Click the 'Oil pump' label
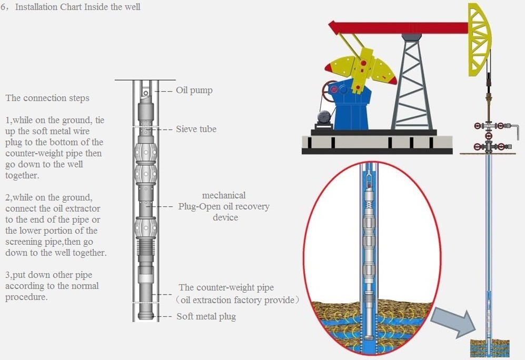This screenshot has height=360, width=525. (x=194, y=91)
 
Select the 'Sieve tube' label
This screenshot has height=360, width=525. (x=196, y=129)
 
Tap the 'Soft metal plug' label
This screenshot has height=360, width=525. (x=206, y=316)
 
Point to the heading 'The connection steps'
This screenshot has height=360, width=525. (x=47, y=98)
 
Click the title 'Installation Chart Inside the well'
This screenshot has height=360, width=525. (x=78, y=7)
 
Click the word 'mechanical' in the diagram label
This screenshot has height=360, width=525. (x=224, y=195)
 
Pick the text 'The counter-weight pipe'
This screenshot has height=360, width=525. (x=226, y=287)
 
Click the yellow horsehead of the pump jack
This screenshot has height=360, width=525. (x=480, y=39)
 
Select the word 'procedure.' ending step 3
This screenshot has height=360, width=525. (x=26, y=297)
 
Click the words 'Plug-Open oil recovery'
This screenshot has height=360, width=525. (x=224, y=206)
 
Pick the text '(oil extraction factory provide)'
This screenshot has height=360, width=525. (x=237, y=300)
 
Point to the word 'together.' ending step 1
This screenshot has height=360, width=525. (x=22, y=176)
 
